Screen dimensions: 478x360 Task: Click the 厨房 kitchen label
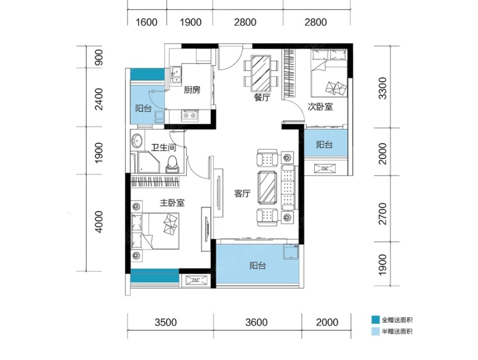(x=192, y=90)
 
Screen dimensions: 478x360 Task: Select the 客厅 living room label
(x=242, y=194)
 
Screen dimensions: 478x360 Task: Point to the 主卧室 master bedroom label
(x=172, y=203)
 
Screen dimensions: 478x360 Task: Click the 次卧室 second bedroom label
(x=320, y=107)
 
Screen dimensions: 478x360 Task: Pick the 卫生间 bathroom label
(x=164, y=148)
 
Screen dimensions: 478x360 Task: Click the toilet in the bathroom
(x=173, y=165)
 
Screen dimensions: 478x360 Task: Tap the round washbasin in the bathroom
(x=136, y=141)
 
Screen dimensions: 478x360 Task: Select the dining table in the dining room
(x=261, y=73)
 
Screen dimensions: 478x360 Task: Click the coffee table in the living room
(x=267, y=187)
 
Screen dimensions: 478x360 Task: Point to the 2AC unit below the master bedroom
(x=195, y=280)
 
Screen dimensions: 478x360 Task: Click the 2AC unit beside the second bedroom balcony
(x=325, y=168)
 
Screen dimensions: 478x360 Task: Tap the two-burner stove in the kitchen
(x=190, y=115)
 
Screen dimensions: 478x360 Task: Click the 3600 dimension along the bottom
(x=257, y=322)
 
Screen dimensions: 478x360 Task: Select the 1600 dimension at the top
(x=147, y=22)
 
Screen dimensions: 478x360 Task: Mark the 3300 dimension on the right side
(x=382, y=88)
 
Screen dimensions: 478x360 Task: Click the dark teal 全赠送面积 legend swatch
(x=375, y=320)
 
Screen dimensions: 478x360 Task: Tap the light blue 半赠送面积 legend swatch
(x=375, y=331)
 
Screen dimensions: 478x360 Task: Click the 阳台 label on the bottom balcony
(x=258, y=266)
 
